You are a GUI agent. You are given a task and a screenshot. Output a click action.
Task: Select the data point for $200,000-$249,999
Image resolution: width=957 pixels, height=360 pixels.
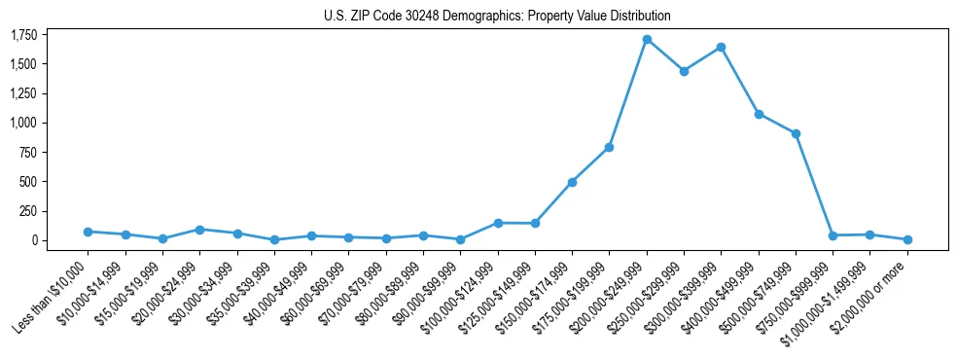(x=647, y=40)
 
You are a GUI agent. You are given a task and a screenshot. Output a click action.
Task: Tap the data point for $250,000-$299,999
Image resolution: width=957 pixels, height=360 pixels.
(x=684, y=71)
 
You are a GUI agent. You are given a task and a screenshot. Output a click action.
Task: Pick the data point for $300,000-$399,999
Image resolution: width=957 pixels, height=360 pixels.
(x=721, y=47)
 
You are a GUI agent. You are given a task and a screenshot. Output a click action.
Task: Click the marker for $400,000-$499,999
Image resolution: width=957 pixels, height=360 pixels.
(x=759, y=114)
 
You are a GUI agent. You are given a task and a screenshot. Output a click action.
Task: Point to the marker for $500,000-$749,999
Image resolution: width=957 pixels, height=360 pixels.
(x=796, y=133)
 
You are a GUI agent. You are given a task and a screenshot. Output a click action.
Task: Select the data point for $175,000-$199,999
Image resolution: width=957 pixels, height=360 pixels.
(x=609, y=147)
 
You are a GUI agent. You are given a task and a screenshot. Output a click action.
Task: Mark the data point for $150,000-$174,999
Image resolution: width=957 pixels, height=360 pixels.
(x=572, y=182)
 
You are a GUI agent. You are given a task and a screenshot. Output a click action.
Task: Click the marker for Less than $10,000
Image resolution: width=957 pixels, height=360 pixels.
(x=88, y=232)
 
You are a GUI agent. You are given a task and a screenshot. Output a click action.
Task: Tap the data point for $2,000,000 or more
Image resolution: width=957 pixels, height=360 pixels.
(x=907, y=239)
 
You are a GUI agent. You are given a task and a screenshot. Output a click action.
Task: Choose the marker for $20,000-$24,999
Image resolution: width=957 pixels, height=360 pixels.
(x=199, y=230)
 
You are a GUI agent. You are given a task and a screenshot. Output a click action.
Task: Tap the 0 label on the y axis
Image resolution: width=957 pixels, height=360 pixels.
(x=34, y=240)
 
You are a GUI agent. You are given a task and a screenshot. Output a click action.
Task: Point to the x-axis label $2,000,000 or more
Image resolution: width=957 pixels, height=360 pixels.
(x=871, y=293)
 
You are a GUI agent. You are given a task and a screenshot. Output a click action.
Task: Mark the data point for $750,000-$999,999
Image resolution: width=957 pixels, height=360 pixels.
(x=833, y=235)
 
